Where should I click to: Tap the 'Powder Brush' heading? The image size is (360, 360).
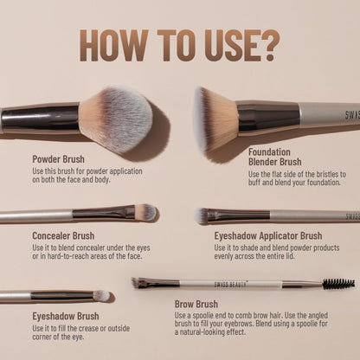(59, 158)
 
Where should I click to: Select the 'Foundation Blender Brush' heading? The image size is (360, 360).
(274, 156)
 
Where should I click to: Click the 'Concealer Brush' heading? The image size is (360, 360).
(63, 235)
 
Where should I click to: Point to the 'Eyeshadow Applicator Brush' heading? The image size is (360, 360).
(268, 235)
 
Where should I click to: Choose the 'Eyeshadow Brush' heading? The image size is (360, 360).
(65, 317)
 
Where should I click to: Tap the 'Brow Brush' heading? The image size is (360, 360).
(196, 305)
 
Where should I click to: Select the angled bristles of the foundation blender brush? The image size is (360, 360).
(216, 117)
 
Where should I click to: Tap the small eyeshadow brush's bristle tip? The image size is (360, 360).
(102, 296)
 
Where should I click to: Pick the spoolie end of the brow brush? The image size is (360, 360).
(338, 284)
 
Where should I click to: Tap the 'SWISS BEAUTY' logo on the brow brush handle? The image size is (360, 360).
(208, 283)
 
